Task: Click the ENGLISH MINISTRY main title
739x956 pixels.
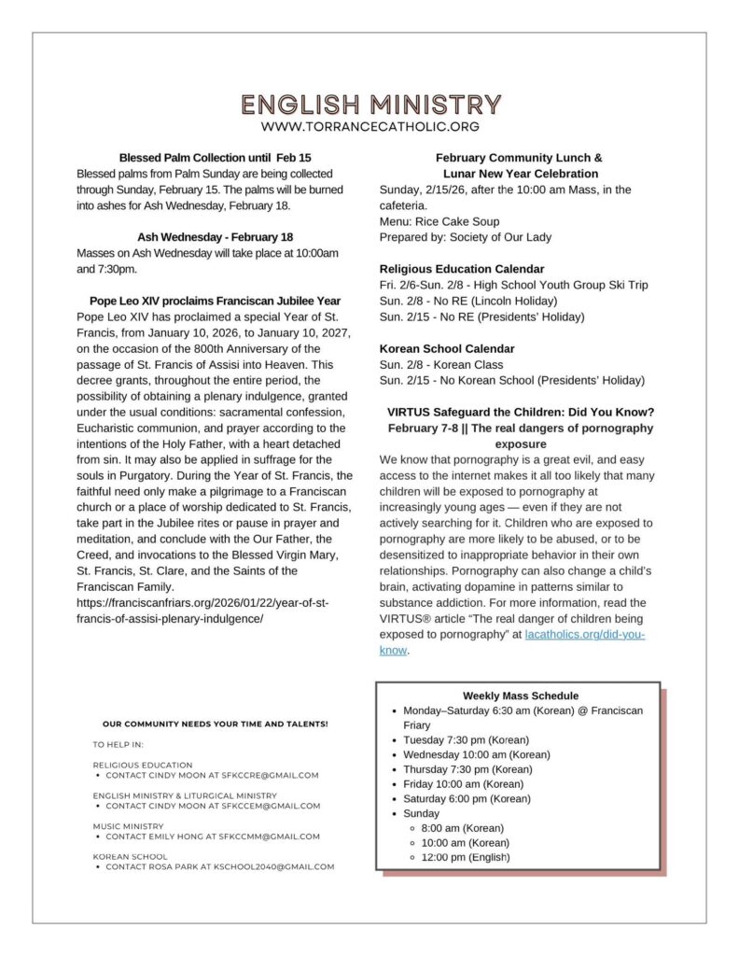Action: pyautogui.click(x=369, y=104)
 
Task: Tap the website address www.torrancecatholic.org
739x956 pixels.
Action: pyautogui.click(x=369, y=126)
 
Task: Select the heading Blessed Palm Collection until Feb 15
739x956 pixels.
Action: pyautogui.click(x=216, y=158)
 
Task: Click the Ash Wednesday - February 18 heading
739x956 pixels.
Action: pyautogui.click(x=216, y=237)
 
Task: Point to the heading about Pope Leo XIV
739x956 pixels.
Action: pyautogui.click(x=216, y=301)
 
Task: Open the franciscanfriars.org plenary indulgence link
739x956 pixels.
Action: pyautogui.click(x=203, y=611)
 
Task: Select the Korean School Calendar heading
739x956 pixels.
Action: pyautogui.click(x=440, y=348)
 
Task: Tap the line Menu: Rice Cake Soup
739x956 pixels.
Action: pyautogui.click(x=439, y=221)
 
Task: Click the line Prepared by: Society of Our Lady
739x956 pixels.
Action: pyautogui.click(x=465, y=237)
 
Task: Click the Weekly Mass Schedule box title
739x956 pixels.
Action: pyautogui.click(x=520, y=696)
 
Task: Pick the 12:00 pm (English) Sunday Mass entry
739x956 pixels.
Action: pyautogui.click(x=466, y=857)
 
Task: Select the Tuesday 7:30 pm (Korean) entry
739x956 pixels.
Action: pyautogui.click(x=466, y=739)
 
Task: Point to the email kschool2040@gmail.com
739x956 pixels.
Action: pyautogui.click(x=279, y=867)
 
